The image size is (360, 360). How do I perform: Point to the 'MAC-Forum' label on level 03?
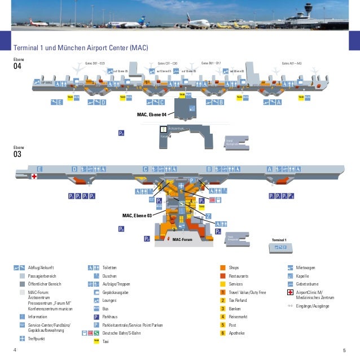[x=182, y=240]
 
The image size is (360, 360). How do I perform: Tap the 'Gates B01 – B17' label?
[x=211, y=63]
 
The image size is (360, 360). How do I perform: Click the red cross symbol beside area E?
[x=34, y=177]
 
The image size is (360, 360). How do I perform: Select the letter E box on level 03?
[x=39, y=169]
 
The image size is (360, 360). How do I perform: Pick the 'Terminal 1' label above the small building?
[x=279, y=240]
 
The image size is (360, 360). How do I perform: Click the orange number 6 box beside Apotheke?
[x=223, y=333]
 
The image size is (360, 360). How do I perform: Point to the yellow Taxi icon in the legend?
[x=96, y=341]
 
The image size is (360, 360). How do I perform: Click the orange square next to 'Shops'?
[x=223, y=267]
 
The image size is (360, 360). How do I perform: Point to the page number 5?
[x=344, y=350]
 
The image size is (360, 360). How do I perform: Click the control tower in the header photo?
[x=308, y=10]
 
